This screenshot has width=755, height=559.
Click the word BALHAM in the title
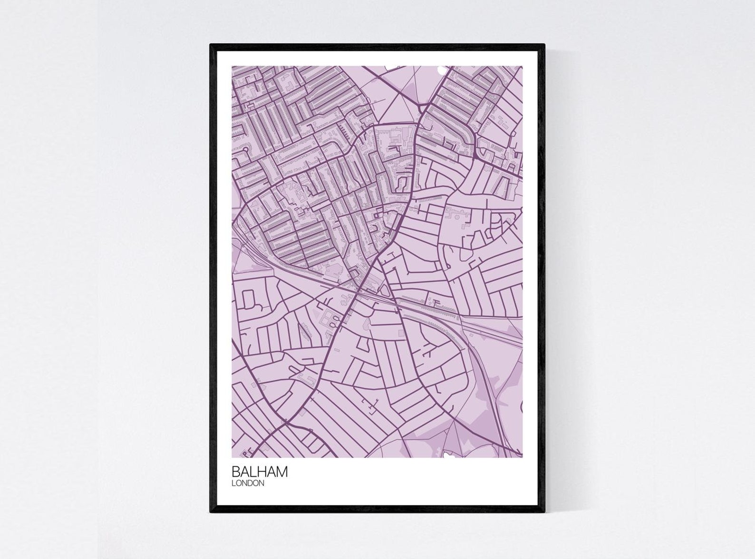pyautogui.click(x=260, y=472)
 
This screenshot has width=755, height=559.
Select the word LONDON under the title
pyautogui.click(x=248, y=483)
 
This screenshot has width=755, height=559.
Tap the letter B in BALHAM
pyautogui.click(x=236, y=472)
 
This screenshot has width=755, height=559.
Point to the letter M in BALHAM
pyautogui.click(x=281, y=472)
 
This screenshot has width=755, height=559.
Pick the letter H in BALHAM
pyautogui.click(x=262, y=472)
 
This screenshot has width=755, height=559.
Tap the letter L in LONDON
pyautogui.click(x=233, y=483)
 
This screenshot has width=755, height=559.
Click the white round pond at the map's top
pyautogui.click(x=442, y=70)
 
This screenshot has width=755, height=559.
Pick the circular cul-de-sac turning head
pyautogui.click(x=246, y=150)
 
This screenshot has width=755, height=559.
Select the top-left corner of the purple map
pyautogui.click(x=232, y=67)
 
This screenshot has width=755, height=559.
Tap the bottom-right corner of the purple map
pyautogui.click(x=522, y=457)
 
